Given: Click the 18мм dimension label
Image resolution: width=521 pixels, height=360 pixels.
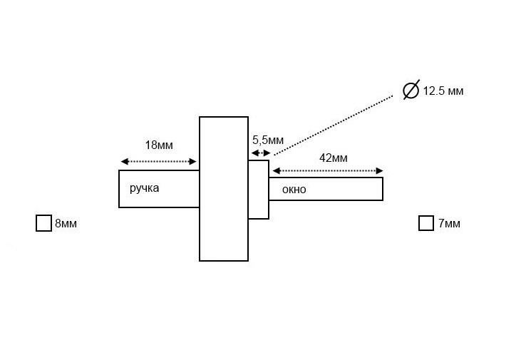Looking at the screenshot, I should pyautogui.click(x=158, y=145).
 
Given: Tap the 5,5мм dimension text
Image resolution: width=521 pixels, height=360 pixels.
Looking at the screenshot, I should pyautogui.click(x=267, y=140).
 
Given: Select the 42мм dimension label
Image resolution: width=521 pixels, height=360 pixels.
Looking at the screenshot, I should pyautogui.click(x=333, y=158).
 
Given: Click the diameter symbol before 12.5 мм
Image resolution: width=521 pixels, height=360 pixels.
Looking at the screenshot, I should pyautogui.click(x=411, y=91).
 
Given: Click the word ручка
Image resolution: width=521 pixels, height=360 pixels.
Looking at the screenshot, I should pyautogui.click(x=144, y=188).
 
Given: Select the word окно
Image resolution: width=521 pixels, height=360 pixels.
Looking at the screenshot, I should pyautogui.click(x=294, y=190).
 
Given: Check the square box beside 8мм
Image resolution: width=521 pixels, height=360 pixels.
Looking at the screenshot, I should pyautogui.click(x=43, y=223).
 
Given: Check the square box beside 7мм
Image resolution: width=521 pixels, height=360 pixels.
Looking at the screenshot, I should pyautogui.click(x=426, y=223).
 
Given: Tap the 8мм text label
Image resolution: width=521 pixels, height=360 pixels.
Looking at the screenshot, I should pyautogui.click(x=66, y=224).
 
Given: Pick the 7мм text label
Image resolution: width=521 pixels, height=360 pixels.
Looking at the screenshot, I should pyautogui.click(x=449, y=224).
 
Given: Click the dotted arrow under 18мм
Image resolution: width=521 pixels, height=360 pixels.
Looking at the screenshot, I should pyautogui.click(x=158, y=162).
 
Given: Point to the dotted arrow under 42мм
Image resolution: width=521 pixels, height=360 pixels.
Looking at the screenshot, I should pyautogui.click(x=328, y=171).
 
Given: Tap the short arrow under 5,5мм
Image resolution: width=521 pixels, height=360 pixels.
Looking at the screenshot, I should pyautogui.click(x=258, y=153).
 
